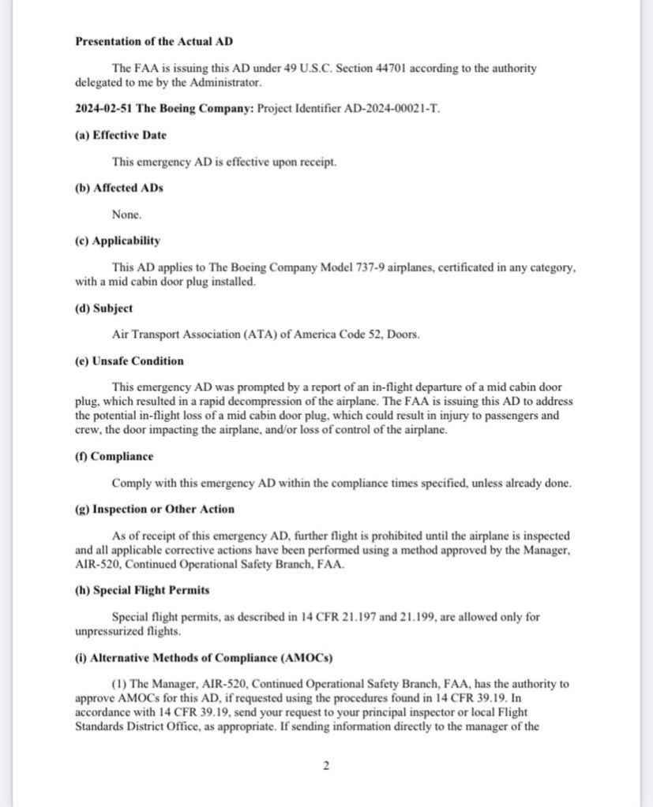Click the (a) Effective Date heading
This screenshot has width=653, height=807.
(x=121, y=135)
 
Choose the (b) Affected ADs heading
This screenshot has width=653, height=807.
(x=119, y=188)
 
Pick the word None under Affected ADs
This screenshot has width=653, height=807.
(x=127, y=215)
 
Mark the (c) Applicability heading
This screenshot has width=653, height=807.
(x=118, y=241)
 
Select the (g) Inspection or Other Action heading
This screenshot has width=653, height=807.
(x=154, y=509)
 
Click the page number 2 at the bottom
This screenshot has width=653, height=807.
(x=325, y=764)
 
